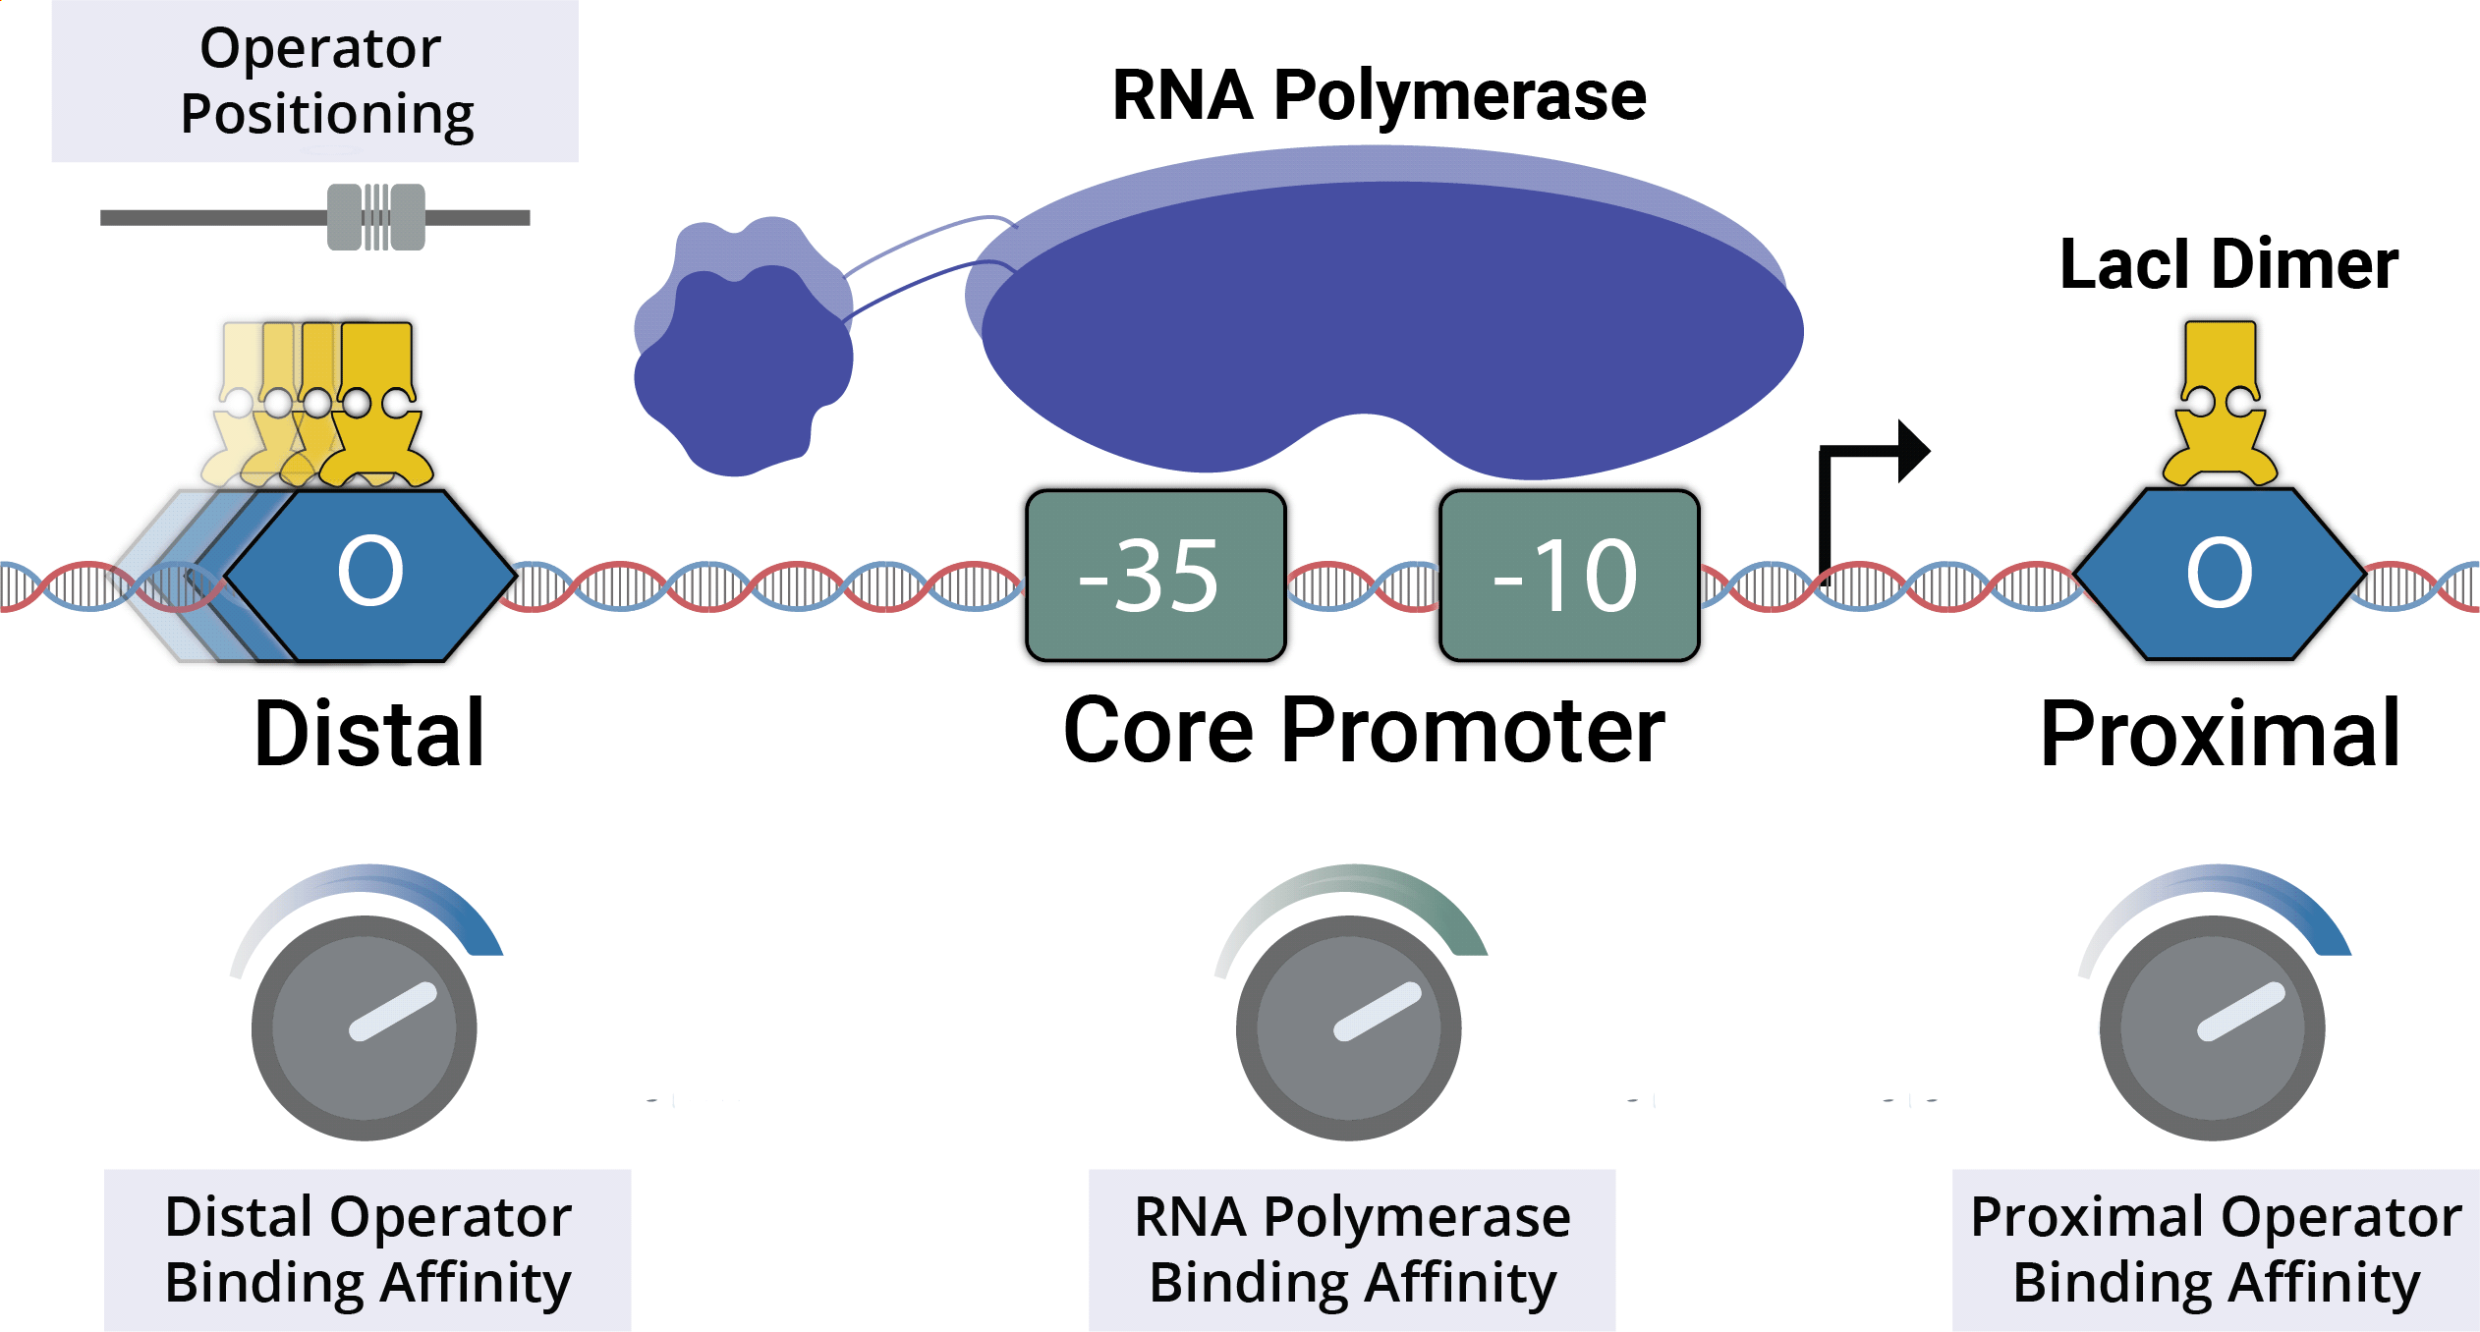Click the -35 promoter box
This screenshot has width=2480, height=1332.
point(1155,576)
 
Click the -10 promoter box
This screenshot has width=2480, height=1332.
point(1569,576)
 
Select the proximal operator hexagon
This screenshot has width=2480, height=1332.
point(2219,574)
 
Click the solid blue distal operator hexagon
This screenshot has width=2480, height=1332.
point(371,574)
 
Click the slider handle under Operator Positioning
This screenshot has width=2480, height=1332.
point(376,217)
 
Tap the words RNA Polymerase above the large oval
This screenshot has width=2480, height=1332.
point(1379,96)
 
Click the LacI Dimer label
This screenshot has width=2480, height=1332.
point(2228,265)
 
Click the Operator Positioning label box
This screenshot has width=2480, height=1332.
point(315,81)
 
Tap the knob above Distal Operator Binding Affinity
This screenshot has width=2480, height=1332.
point(365,1027)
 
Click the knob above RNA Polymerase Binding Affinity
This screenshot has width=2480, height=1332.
point(1349,1027)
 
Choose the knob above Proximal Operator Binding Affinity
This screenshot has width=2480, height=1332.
point(2213,1027)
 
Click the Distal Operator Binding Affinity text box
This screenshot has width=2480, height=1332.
point(367,1249)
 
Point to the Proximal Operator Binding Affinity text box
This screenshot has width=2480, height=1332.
point(2216,1249)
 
